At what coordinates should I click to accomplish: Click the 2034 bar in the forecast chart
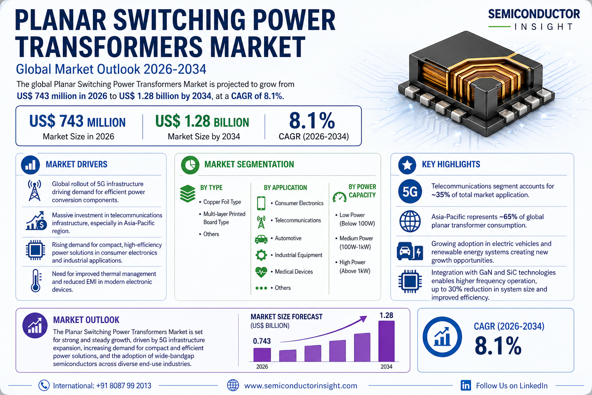pos(387,341)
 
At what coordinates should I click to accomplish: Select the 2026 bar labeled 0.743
pos(262,355)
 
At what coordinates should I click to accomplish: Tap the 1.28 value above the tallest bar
pos(387,316)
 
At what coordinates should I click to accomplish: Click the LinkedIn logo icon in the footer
pos(466,385)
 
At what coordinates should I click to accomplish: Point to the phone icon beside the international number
pos(44,385)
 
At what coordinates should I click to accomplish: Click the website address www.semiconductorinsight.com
pos(301,386)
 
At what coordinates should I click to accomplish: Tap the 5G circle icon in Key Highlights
pos(410,191)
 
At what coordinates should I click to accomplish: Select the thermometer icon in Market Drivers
pos(36,281)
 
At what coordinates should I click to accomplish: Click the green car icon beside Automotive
pos(261,239)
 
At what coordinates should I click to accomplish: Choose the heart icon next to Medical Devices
pos(261,272)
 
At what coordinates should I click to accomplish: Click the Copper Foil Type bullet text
pos(222,202)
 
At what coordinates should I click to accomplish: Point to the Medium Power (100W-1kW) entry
pos(356,243)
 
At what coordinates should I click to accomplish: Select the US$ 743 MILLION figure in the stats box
pos(77,122)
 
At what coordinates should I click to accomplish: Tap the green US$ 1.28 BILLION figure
pos(202,122)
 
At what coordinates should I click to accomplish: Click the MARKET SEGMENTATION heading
pos(249,164)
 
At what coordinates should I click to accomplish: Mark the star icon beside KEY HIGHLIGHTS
pos(407,165)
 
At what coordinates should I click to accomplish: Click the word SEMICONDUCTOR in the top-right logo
pos(534,14)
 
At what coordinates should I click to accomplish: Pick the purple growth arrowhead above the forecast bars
pos(363,319)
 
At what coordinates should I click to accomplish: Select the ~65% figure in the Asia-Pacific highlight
pos(508,217)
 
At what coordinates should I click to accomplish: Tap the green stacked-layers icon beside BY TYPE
pos(188,193)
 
